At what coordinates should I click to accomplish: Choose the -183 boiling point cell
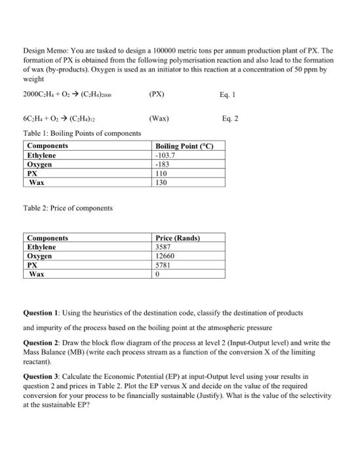coord(162,165)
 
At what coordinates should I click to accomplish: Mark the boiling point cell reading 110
coord(162,174)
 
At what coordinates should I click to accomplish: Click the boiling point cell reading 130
coord(162,183)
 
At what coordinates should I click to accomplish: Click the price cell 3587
coord(164,247)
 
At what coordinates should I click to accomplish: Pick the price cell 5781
coord(164,266)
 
